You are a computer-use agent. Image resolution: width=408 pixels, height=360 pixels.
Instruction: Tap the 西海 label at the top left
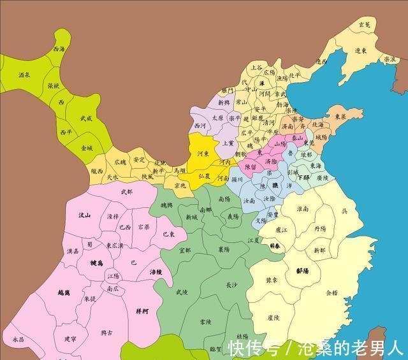coord(59,48)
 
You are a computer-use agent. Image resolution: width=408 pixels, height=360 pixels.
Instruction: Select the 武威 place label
coord(85,118)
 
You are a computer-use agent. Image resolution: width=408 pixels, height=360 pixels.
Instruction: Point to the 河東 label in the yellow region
coord(203,154)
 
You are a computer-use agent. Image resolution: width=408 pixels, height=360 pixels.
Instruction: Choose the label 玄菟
coord(364,24)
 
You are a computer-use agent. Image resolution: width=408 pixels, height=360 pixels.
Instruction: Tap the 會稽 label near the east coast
coord(331,294)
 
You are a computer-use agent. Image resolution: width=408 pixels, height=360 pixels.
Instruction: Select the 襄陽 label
coord(224,250)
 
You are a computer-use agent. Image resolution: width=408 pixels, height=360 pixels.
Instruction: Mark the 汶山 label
coord(84,215)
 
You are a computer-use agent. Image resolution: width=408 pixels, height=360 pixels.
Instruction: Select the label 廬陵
coord(273,317)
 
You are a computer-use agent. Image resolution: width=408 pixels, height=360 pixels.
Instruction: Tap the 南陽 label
coord(224,199)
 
